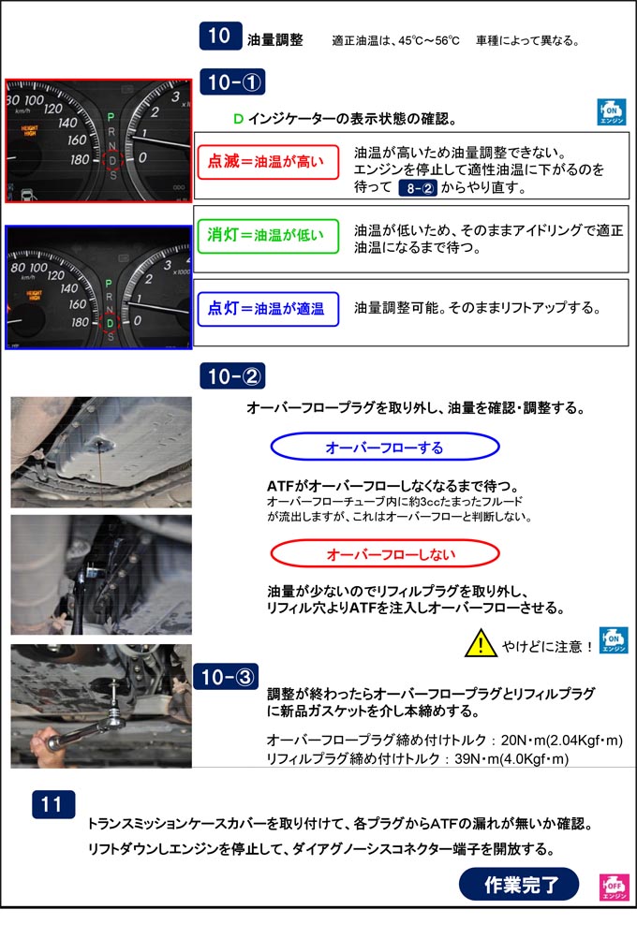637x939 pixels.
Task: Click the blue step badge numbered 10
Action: click(220, 36)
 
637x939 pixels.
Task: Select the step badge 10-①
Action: click(232, 82)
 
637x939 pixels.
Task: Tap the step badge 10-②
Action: click(232, 376)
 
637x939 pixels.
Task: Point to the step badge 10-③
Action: click(226, 677)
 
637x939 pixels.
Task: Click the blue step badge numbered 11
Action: click(53, 804)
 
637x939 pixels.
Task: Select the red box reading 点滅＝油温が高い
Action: click(268, 162)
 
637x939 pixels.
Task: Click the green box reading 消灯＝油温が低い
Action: click(268, 235)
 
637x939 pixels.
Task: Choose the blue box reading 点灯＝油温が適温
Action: click(268, 309)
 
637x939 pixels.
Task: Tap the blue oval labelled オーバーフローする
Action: click(385, 447)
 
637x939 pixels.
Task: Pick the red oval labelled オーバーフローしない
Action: click(385, 554)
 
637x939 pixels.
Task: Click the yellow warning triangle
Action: click(481, 643)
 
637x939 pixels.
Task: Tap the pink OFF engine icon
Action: click(615, 887)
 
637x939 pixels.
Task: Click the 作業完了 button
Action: click(519, 884)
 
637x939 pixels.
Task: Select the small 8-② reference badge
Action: click(418, 188)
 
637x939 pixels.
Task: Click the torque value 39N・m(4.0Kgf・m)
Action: click(511, 758)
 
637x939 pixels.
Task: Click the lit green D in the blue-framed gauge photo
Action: click(111, 323)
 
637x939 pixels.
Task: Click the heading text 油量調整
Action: click(275, 40)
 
